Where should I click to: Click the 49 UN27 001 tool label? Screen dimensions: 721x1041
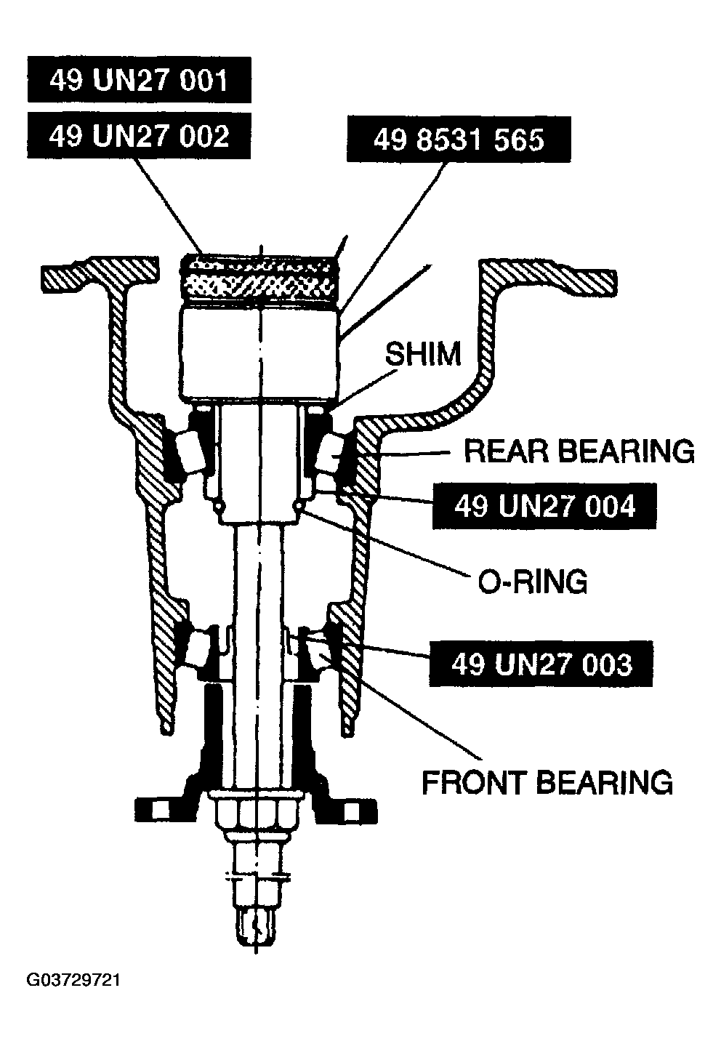tap(140, 79)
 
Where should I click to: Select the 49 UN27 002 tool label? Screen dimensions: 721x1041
tap(139, 136)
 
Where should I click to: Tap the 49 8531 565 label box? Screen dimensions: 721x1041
tap(459, 139)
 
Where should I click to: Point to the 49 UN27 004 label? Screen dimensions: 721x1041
tap(544, 506)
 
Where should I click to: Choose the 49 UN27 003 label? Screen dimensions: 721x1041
tap(541, 664)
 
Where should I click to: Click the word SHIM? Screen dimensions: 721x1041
tap(423, 353)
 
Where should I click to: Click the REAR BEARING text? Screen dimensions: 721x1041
tap(579, 451)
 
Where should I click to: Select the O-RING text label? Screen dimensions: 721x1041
tap(533, 581)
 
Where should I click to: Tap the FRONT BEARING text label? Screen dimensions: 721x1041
tap(547, 782)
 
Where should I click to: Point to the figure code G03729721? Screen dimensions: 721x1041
tap(73, 980)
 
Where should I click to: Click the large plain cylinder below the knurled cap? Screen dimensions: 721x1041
tap(259, 353)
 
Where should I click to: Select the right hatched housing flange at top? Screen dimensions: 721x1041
tap(548, 277)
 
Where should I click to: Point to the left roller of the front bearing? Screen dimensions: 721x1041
tap(199, 648)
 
